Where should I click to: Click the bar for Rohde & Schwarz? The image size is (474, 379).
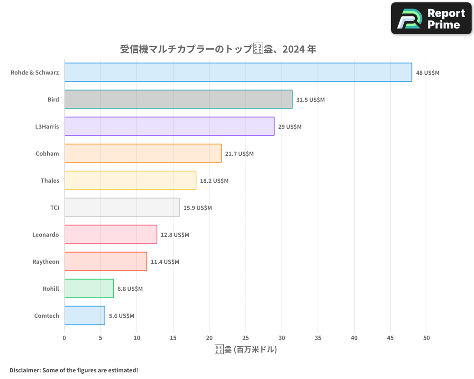coord(238,72)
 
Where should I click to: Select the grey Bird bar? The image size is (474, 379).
coord(178,99)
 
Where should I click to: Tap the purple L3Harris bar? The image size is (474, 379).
coord(169,126)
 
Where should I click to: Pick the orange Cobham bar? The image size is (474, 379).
coord(143,153)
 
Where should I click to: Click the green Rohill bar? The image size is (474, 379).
coord(89,289)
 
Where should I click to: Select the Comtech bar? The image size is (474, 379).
coord(85,316)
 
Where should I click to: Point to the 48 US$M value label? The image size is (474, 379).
coord(428,73)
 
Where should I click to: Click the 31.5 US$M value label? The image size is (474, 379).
coord(310,100)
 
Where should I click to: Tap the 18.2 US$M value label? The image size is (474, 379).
coord(214,181)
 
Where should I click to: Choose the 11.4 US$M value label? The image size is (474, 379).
coord(165,262)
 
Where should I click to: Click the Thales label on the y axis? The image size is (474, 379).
coord(50,180)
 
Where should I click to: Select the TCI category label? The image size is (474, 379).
coord(55,208)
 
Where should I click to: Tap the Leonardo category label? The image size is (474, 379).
coord(46,235)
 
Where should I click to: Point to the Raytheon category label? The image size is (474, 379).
coord(46,262)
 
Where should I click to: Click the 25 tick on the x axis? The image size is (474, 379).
coord(246,338)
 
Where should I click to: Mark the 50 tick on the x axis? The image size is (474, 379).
coord(427,338)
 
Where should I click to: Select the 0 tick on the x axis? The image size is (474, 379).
coord(64,338)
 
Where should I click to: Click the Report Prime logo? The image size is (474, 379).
coord(431,18)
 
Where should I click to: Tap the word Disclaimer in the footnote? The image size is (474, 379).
coord(24,370)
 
